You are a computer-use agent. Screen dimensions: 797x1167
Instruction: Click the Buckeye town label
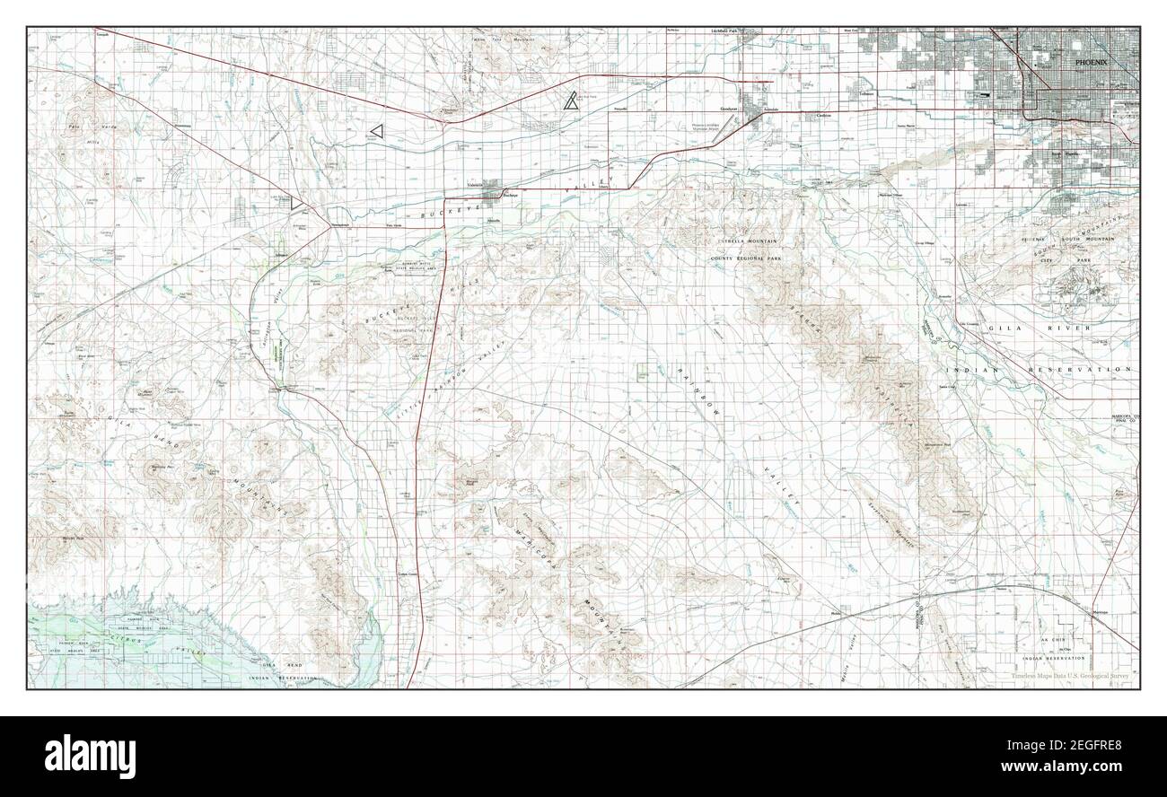(x=512, y=195)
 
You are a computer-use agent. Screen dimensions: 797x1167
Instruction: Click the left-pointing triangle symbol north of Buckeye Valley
(x=376, y=131)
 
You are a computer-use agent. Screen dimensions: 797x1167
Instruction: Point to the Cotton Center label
(x=408, y=575)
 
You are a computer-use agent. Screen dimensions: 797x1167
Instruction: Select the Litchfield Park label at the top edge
(x=724, y=31)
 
